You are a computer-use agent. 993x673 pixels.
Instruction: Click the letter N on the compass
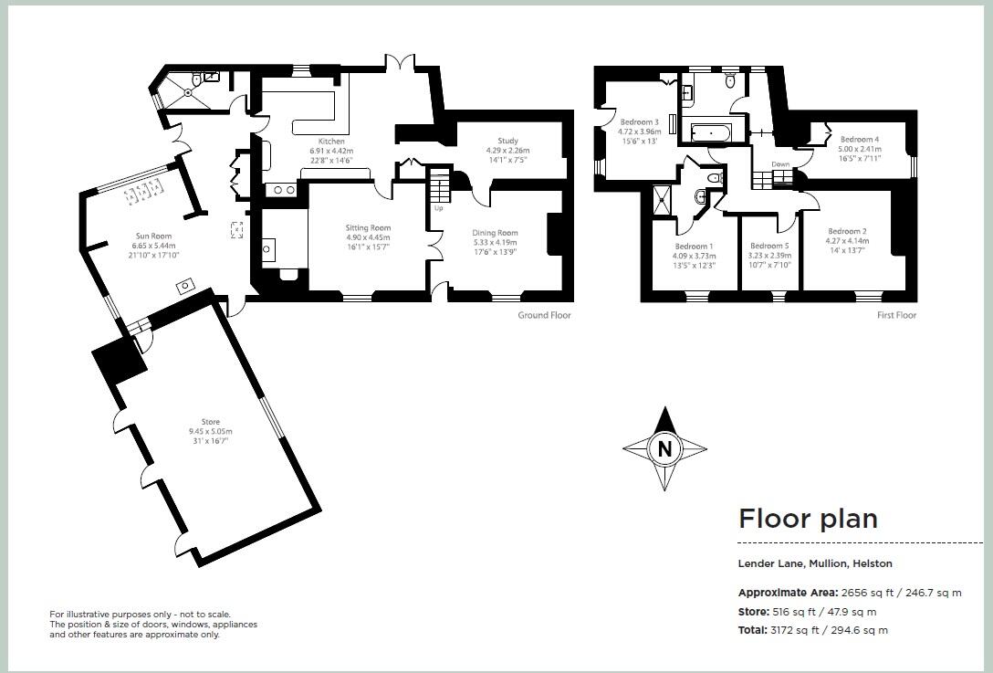pos(664,448)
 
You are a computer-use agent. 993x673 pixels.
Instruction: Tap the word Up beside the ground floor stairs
pos(439,208)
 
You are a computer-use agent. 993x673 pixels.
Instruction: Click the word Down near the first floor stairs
pos(780,165)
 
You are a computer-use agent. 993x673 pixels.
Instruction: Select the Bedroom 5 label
pos(769,246)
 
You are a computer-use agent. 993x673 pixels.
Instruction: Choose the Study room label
pos(508,141)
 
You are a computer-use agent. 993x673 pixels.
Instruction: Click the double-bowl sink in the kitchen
pos(280,190)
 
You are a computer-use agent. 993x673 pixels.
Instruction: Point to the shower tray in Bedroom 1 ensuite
pos(662,199)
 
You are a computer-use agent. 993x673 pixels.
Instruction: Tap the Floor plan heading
pos(808,519)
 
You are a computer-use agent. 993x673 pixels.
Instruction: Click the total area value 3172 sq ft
pos(812,630)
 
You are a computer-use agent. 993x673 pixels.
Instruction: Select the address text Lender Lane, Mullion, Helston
pos(815,563)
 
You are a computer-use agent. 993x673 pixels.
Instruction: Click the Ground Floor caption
pos(545,315)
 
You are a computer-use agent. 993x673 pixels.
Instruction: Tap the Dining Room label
pos(496,233)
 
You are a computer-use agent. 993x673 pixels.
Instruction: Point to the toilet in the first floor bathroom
pos(729,82)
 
